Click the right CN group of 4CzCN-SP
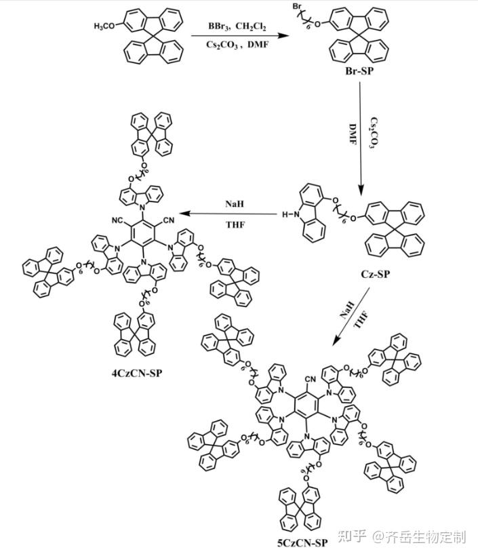click(x=167, y=220)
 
